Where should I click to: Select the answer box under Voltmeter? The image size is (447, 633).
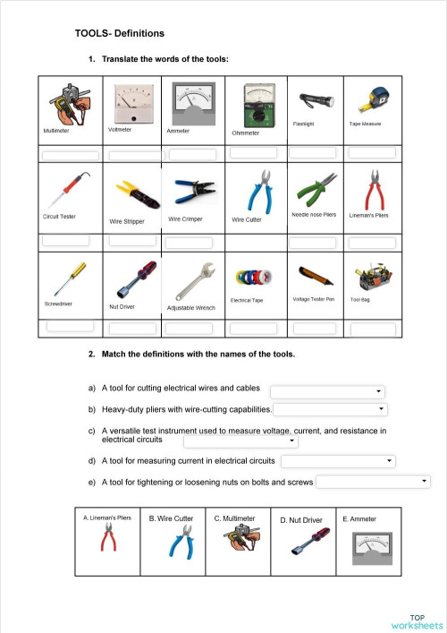(x=134, y=156)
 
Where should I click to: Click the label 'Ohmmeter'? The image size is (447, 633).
(x=245, y=133)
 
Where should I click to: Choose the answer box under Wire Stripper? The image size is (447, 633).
(x=134, y=242)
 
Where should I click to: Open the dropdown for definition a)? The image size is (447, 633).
(x=327, y=391)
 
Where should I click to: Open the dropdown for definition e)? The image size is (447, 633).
(x=373, y=482)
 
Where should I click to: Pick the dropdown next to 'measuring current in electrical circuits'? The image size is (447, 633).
(x=338, y=461)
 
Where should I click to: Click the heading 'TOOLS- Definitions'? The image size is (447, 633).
(x=120, y=34)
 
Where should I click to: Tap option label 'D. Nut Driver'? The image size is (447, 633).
(x=301, y=519)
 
